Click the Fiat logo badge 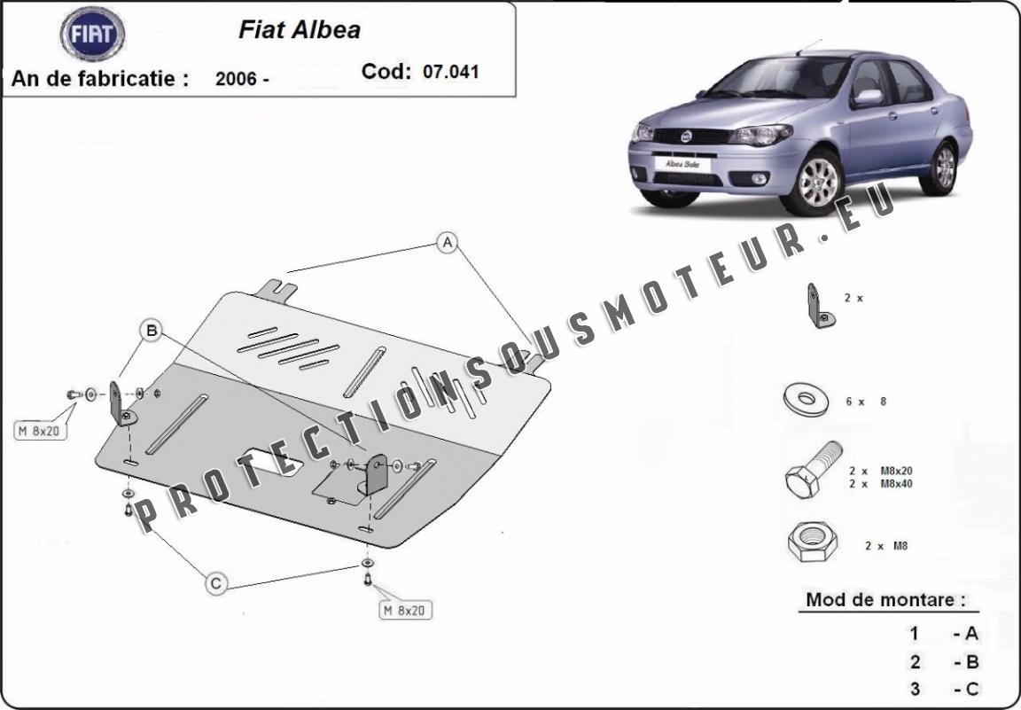tap(92, 34)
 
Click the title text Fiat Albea tap(300, 30)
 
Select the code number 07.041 tap(450, 71)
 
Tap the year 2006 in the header tap(236, 79)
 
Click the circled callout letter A tap(448, 243)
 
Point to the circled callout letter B tap(152, 331)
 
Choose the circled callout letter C tap(216, 582)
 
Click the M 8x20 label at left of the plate tap(41, 431)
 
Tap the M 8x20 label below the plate tap(405, 610)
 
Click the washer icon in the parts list tap(806, 399)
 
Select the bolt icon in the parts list tap(814, 469)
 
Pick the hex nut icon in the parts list tap(812, 541)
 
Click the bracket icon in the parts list tap(820, 306)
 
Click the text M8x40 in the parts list tap(896, 484)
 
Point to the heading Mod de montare tap(885, 600)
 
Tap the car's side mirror tap(869, 97)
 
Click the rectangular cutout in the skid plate tap(271, 462)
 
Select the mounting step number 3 tap(916, 689)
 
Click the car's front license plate tap(682, 164)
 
